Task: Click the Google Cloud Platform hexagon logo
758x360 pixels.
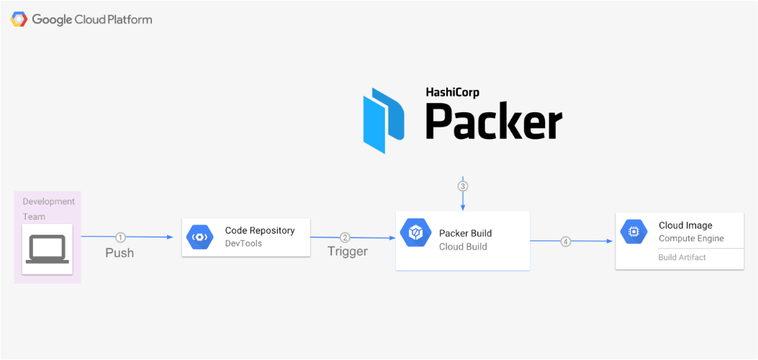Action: [x=19, y=19]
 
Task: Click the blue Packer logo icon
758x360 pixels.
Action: [x=384, y=121]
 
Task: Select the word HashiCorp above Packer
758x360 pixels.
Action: [x=452, y=93]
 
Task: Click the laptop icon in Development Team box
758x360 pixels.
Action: [x=47, y=249]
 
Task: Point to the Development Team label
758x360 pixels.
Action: [x=48, y=209]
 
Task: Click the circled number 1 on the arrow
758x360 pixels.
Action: [x=120, y=237]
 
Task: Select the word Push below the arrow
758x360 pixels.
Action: [x=119, y=253]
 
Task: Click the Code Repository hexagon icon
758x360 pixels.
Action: [x=199, y=238]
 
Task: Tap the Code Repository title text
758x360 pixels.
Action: [x=260, y=230]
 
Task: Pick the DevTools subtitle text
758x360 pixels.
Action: [x=243, y=243]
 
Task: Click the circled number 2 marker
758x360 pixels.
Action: [x=345, y=238]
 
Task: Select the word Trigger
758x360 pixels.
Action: [x=348, y=251]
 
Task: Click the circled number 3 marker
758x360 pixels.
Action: [x=463, y=186]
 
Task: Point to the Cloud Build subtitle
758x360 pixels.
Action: [x=463, y=247]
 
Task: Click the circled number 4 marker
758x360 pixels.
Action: [x=566, y=241]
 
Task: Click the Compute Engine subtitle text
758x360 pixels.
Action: [x=691, y=239]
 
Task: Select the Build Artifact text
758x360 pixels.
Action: [x=682, y=258]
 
